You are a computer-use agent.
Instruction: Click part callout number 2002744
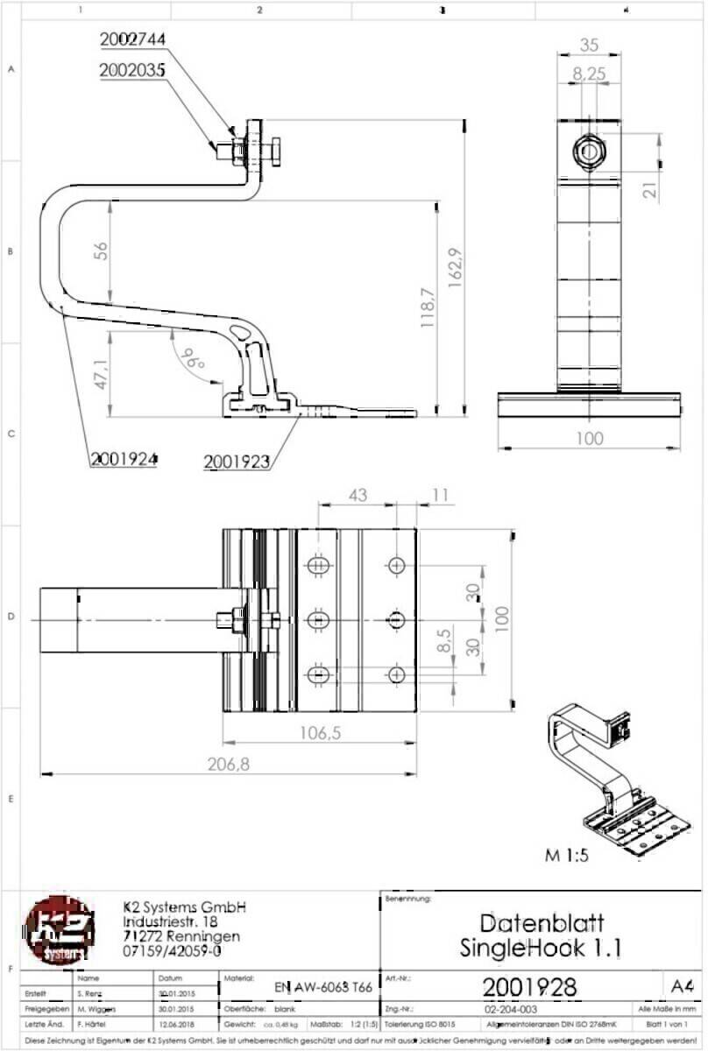click(132, 39)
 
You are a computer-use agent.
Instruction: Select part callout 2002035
click(132, 72)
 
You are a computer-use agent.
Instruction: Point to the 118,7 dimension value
click(428, 307)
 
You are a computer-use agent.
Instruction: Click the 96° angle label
click(192, 357)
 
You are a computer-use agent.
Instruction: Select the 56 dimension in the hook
click(101, 251)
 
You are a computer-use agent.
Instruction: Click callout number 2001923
click(236, 461)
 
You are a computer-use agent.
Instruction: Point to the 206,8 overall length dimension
click(230, 765)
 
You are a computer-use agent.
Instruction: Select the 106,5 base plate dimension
click(318, 734)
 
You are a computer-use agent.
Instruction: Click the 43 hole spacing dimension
click(358, 496)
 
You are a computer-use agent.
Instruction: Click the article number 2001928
click(529, 987)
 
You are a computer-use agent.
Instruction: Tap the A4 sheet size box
click(681, 986)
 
